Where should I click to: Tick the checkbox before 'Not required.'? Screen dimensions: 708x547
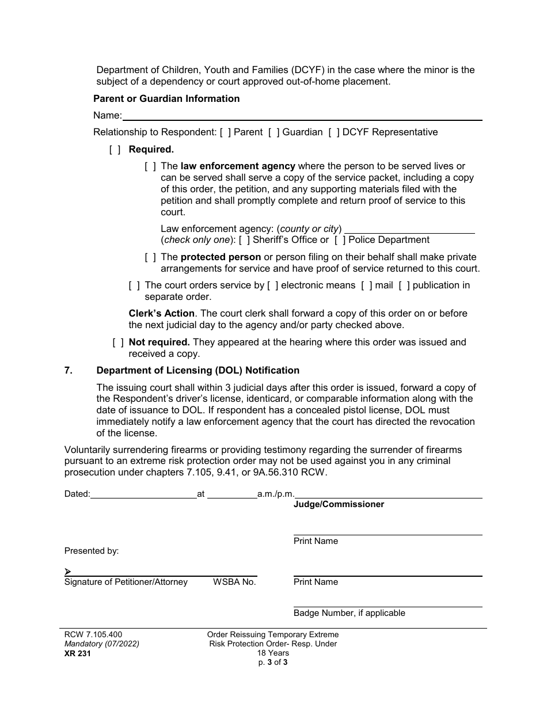click(x=118, y=342)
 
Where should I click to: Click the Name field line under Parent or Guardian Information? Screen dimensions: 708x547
click(x=302, y=116)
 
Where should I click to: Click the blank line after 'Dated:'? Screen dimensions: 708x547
click(x=144, y=494)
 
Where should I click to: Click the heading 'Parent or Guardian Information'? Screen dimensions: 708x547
click(x=166, y=99)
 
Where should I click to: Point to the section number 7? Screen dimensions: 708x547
click(x=69, y=371)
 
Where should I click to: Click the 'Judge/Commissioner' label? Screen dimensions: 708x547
click(x=339, y=505)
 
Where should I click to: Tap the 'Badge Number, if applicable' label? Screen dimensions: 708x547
click(x=349, y=614)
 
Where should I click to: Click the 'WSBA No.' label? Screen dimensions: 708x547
click(x=234, y=583)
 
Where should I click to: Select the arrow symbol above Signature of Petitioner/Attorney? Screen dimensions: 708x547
click(x=68, y=572)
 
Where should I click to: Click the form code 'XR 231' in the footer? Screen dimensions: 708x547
click(x=78, y=653)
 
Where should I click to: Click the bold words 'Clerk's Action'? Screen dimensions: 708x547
click(x=161, y=314)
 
